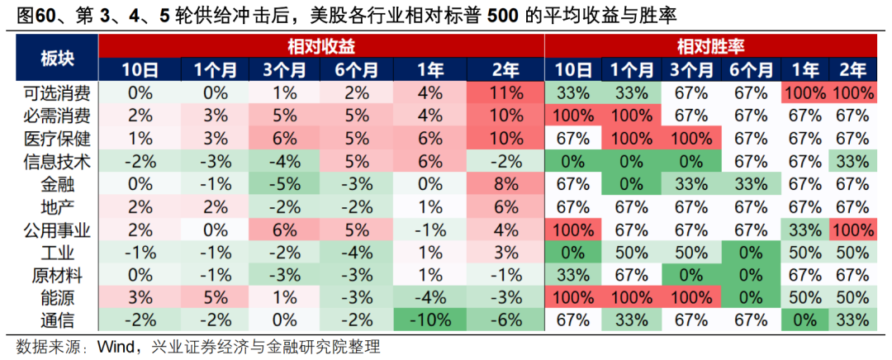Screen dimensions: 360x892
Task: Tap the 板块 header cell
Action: pos(55,57)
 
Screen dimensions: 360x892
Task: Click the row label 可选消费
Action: pos(55,92)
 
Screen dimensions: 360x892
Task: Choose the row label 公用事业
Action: pos(55,229)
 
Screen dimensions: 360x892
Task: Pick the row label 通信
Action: pos(55,319)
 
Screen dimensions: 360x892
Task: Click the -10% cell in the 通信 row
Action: pos(429,319)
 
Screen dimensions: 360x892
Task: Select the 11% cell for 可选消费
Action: pos(505,92)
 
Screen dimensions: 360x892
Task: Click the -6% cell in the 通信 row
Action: pos(505,319)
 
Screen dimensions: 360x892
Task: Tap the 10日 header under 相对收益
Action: pos(138,70)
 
